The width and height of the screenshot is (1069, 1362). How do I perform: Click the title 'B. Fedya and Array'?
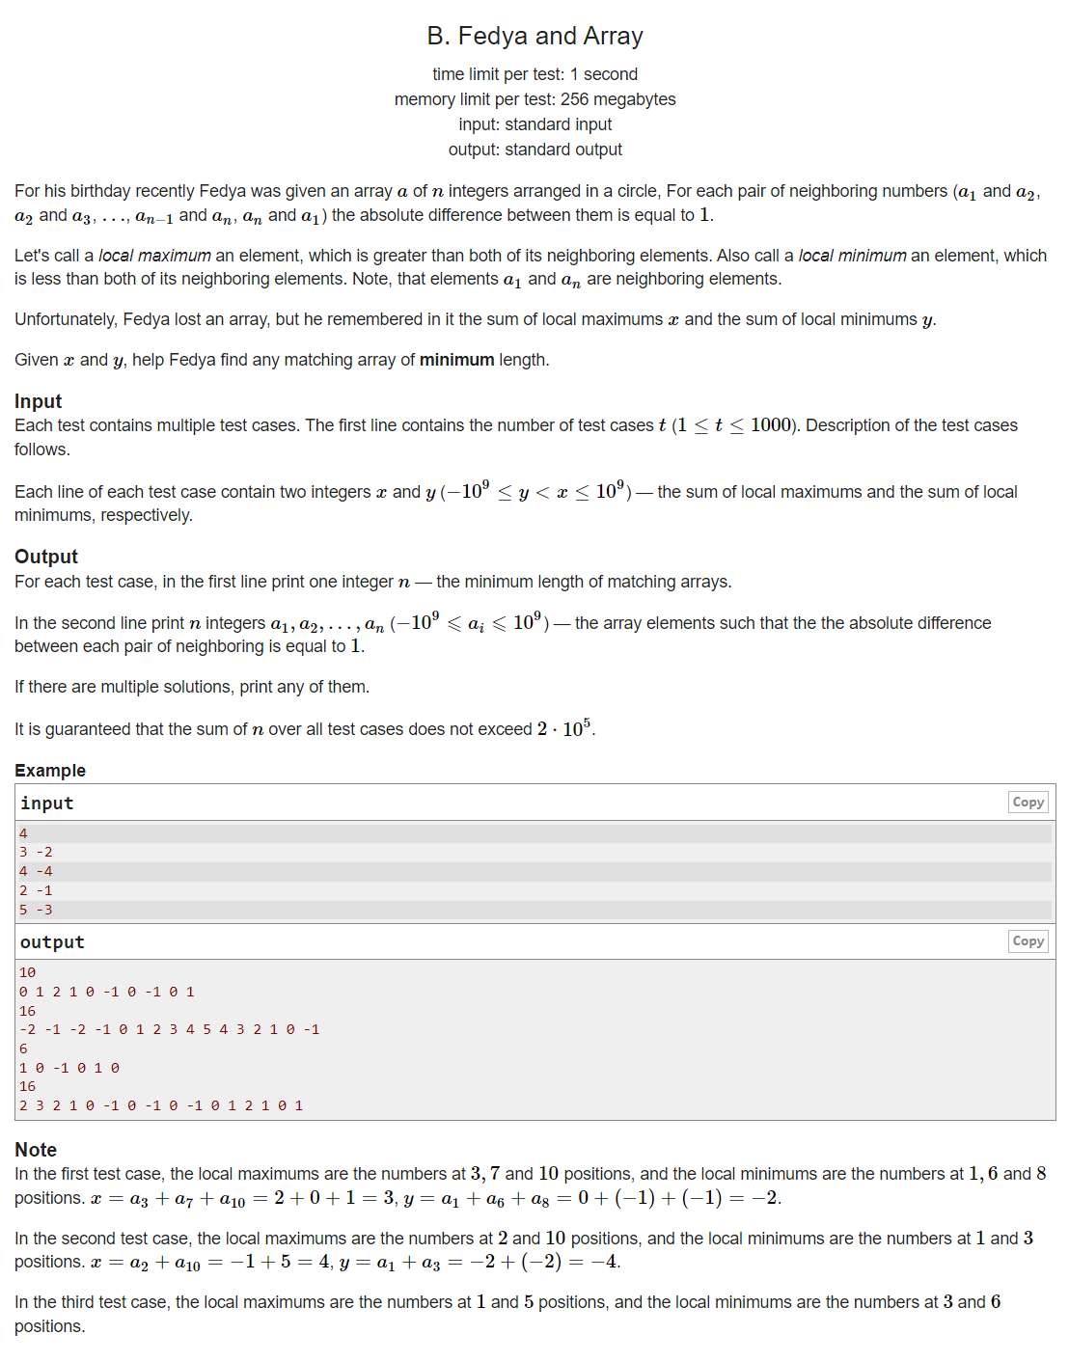(x=534, y=36)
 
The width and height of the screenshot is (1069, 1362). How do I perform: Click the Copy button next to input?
(x=1028, y=802)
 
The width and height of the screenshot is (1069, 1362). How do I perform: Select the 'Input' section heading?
(x=38, y=401)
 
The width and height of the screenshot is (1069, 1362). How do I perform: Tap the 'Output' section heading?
(x=45, y=557)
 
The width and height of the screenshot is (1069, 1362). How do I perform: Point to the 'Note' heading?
(x=36, y=1150)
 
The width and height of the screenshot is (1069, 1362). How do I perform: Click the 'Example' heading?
(x=50, y=770)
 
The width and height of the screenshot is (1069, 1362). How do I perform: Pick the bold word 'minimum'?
(x=456, y=360)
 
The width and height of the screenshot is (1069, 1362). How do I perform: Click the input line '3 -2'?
(x=36, y=852)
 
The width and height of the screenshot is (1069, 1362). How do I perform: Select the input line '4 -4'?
(x=36, y=871)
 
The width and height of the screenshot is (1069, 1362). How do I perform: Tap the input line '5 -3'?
(x=36, y=910)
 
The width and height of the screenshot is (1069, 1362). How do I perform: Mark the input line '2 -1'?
(x=36, y=890)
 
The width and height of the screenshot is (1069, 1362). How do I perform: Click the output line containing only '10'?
(x=27, y=972)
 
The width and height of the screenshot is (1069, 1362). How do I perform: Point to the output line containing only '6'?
(x=23, y=1049)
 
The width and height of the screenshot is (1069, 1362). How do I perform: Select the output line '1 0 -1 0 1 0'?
(x=69, y=1068)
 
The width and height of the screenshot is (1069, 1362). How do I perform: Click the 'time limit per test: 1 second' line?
(x=534, y=74)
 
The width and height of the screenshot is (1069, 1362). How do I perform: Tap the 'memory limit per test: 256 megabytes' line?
(x=534, y=99)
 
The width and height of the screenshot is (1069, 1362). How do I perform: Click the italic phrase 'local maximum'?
(x=154, y=256)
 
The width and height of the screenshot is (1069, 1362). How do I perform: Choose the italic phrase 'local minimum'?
(x=852, y=256)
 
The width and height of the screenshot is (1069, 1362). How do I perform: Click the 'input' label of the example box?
(x=46, y=804)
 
